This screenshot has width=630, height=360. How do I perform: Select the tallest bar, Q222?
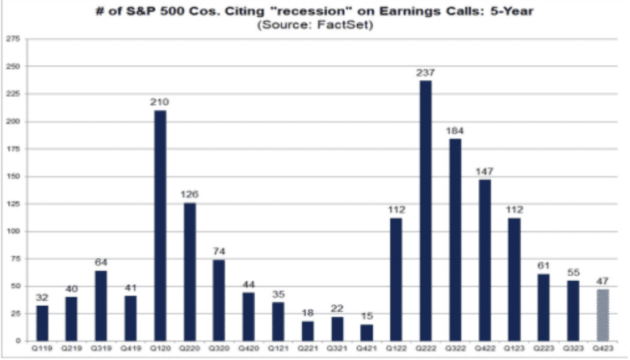click(x=425, y=210)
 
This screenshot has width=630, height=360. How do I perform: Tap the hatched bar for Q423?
click(x=602, y=314)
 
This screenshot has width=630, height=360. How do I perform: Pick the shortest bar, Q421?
click(x=366, y=332)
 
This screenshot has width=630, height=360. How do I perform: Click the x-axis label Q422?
click(x=484, y=349)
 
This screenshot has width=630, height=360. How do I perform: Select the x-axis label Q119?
click(x=42, y=349)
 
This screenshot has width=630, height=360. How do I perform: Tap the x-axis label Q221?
click(x=307, y=349)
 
